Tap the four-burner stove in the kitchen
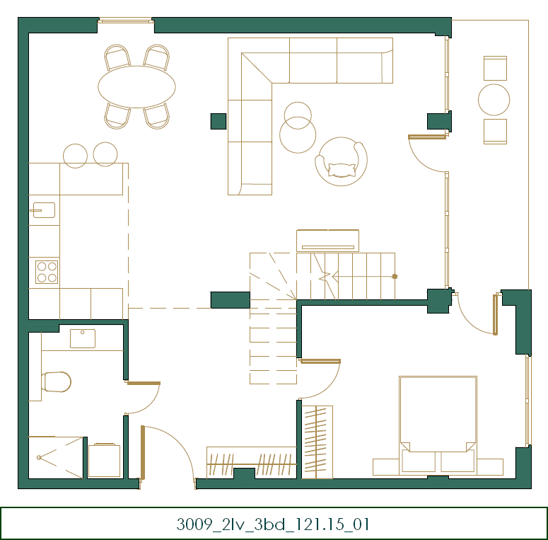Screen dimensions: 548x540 [x=47, y=272]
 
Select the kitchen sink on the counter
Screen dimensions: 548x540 [x=44, y=210]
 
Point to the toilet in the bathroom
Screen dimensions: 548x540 [x=57, y=381]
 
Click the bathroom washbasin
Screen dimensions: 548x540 [x=83, y=338]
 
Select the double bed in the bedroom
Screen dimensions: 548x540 [x=438, y=425]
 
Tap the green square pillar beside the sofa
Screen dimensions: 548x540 [x=218, y=121]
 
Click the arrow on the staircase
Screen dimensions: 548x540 [x=363, y=276]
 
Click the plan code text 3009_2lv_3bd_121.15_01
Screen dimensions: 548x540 [x=273, y=524]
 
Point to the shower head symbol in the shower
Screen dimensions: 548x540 [x=39, y=457]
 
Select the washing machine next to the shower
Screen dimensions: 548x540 [x=104, y=460]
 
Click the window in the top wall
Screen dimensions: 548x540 [x=126, y=21]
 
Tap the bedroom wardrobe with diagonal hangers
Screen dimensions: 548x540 [x=317, y=442]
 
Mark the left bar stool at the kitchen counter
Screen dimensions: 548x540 [x=75, y=156]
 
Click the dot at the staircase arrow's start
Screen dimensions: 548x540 [x=395, y=276]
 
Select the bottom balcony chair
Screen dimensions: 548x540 [x=495, y=132]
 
